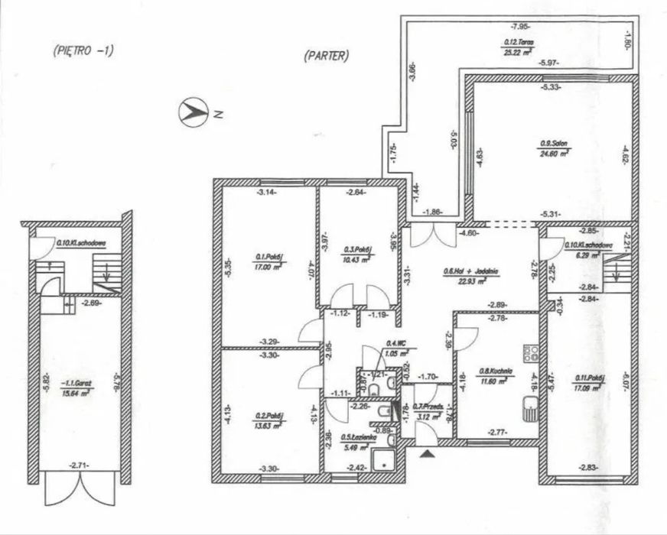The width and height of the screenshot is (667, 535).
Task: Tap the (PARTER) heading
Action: coord(326,55)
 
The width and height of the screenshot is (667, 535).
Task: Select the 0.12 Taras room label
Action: coord(518,42)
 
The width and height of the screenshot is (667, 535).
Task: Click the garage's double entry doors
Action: coord(80,488)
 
